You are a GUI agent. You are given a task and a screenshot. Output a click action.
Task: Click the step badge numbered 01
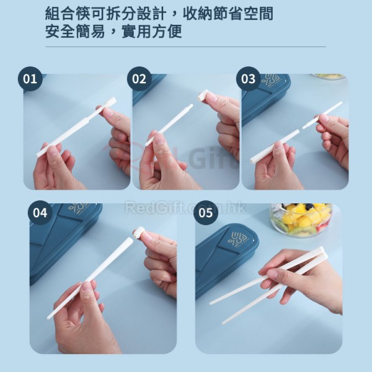click(x=30, y=79)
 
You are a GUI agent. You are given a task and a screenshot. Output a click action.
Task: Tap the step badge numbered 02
click(x=139, y=79)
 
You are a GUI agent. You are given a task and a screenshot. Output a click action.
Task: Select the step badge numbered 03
click(x=248, y=79)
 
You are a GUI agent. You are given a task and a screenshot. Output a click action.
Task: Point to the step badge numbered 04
click(x=40, y=213)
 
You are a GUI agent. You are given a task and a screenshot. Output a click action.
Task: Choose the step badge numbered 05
click(x=205, y=213)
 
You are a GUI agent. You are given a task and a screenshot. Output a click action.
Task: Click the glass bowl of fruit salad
click(x=301, y=220)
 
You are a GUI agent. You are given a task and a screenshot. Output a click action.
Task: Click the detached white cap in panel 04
click(x=139, y=232)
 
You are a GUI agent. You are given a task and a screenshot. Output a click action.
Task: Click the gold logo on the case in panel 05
click(x=239, y=239)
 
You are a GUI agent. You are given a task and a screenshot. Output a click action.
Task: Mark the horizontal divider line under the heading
click(x=185, y=46)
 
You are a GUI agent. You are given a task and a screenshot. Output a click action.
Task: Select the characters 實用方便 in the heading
click(x=152, y=31)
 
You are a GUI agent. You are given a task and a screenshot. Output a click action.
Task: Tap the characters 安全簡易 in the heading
click(x=75, y=31)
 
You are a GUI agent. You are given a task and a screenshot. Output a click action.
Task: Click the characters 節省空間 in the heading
click(x=244, y=14)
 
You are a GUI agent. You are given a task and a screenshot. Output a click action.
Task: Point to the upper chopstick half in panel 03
click(x=322, y=115)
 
